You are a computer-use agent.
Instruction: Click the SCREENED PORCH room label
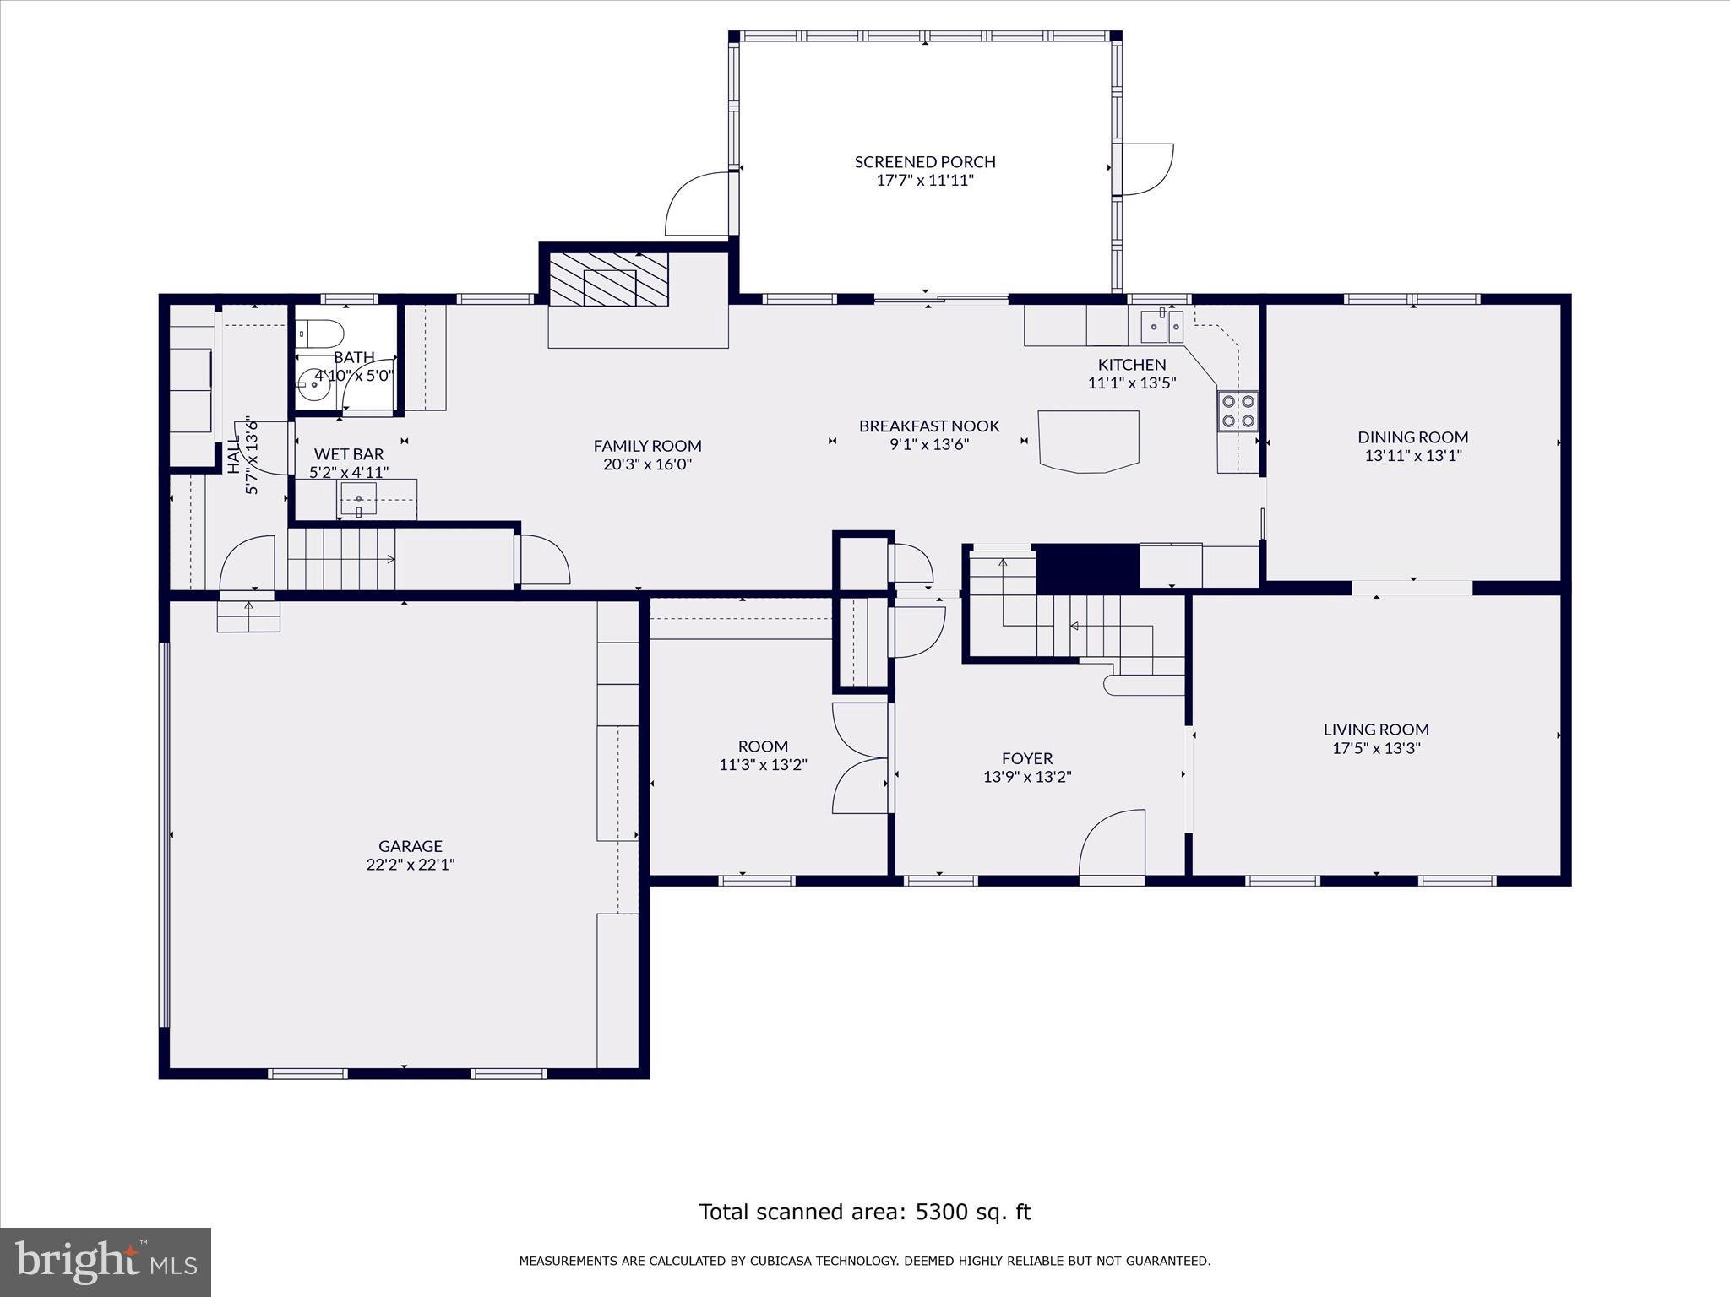point(925,161)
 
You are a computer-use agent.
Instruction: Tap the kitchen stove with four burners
point(1238,411)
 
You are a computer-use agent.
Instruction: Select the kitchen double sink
point(1162,326)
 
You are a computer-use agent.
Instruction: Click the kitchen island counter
point(1088,440)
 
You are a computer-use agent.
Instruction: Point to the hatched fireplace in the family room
point(609,279)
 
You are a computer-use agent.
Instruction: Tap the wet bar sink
point(358,499)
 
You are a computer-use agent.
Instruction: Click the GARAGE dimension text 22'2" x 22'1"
point(411,864)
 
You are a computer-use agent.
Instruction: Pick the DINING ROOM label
point(1412,437)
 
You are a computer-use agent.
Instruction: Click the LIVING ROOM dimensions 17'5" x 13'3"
point(1376,747)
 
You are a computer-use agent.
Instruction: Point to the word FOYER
point(1027,758)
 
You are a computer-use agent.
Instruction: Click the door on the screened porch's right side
point(1145,169)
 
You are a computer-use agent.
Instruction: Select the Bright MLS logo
point(106,1262)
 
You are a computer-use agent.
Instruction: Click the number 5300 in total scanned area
point(940,1212)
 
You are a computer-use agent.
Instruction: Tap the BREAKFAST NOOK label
point(929,426)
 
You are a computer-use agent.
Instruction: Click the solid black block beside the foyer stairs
point(1087,567)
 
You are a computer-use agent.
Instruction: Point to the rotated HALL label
point(234,456)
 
